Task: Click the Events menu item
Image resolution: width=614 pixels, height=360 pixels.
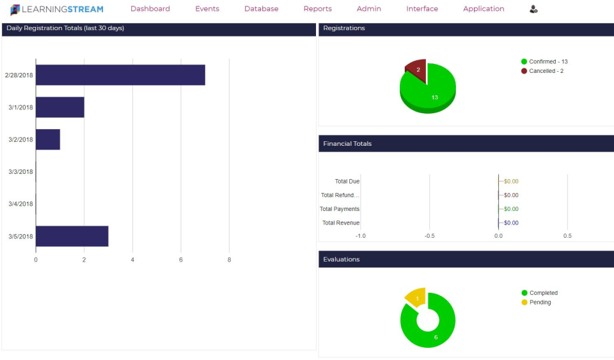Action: click(207, 9)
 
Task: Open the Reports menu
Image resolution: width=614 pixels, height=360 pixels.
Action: click(317, 9)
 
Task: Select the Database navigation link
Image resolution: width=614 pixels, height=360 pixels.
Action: click(261, 9)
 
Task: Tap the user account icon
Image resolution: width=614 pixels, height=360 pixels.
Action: click(533, 9)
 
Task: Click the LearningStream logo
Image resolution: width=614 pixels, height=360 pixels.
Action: click(57, 9)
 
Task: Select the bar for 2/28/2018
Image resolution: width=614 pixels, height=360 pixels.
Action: click(120, 75)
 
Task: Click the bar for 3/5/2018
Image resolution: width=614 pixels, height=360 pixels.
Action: click(72, 236)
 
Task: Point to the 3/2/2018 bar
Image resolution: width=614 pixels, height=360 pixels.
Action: click(48, 139)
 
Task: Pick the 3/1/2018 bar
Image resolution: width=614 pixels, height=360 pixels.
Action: click(60, 107)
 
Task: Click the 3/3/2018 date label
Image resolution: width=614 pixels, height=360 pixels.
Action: click(20, 172)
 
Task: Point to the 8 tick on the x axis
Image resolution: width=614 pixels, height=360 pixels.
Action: click(229, 260)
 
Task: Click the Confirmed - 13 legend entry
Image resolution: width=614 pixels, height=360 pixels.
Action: click(544, 62)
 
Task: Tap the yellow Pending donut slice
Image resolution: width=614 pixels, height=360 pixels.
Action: click(416, 297)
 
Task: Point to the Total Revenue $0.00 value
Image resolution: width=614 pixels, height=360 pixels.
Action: click(511, 223)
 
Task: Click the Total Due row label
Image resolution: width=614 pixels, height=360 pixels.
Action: click(347, 182)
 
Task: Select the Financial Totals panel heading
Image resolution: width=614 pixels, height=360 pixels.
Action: click(347, 144)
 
